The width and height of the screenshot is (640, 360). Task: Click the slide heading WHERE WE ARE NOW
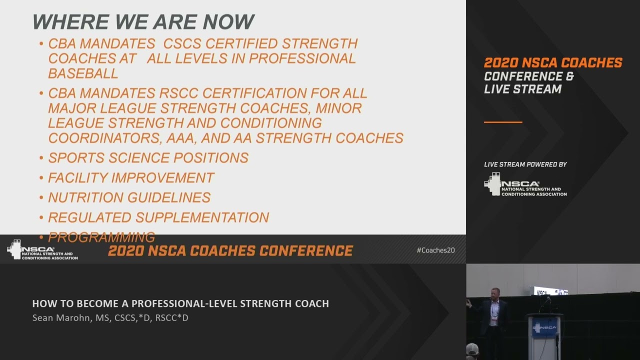point(143,22)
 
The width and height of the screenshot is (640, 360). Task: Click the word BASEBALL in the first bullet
point(83,73)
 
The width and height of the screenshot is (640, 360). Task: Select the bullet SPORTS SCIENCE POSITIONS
point(148,158)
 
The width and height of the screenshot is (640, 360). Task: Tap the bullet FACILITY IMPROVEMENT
point(131,178)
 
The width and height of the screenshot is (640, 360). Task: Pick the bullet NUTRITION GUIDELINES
point(129,197)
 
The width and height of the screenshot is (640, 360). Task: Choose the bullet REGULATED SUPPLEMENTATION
point(158,217)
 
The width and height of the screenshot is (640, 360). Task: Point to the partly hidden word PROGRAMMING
point(101,237)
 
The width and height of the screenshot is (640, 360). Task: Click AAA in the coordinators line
point(208,138)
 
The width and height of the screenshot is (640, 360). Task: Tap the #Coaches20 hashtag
point(435,250)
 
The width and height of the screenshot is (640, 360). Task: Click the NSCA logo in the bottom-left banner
point(42,250)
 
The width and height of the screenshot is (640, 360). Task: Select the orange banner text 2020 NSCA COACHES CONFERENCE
point(230,250)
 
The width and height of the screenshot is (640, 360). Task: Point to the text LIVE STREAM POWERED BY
point(525,164)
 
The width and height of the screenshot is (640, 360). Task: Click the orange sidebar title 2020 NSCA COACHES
point(553,63)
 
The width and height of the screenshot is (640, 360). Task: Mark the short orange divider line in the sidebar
point(503,122)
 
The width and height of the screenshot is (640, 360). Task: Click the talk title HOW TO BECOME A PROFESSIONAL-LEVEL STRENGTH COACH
point(180,303)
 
